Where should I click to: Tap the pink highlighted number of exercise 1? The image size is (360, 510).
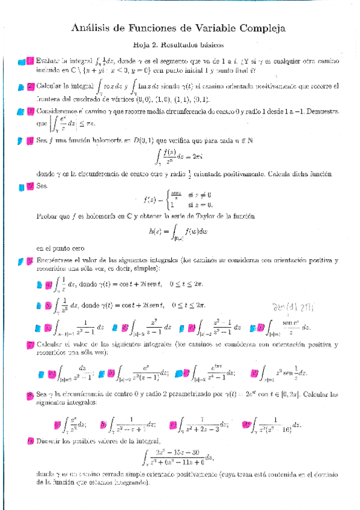[x=29, y=61]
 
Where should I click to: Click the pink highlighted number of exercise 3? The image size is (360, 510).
[x=30, y=112]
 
